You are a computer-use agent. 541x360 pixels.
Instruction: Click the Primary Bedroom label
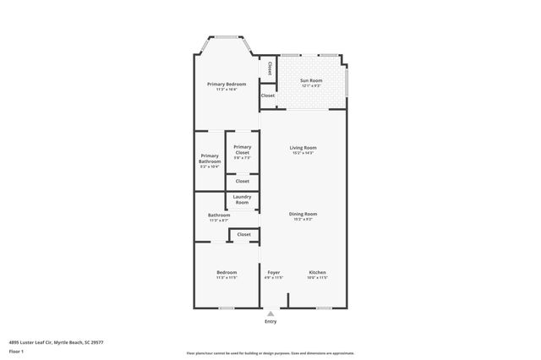pyautogui.click(x=226, y=85)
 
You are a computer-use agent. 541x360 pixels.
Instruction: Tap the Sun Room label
pyautogui.click(x=311, y=81)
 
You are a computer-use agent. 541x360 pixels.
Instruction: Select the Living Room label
pyautogui.click(x=303, y=148)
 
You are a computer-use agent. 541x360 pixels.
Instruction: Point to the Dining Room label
pyautogui.click(x=303, y=214)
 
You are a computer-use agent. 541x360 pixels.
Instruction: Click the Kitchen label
pyautogui.click(x=317, y=272)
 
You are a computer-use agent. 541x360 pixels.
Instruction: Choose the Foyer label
pyautogui.click(x=273, y=272)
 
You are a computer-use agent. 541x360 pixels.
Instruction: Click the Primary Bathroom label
pyautogui.click(x=210, y=157)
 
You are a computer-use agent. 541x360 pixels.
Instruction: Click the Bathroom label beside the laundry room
pyautogui.click(x=219, y=215)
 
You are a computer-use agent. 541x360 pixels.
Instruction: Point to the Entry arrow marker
pyautogui.click(x=270, y=313)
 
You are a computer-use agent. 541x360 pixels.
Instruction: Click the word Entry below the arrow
pyautogui.click(x=270, y=322)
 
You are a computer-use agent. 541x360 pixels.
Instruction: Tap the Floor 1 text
pyautogui.click(x=16, y=351)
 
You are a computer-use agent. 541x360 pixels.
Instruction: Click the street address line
pyautogui.click(x=56, y=341)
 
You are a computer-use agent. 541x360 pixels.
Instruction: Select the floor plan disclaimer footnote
pyautogui.click(x=270, y=352)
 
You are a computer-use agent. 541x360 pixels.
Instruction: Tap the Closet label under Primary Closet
pyautogui.click(x=243, y=181)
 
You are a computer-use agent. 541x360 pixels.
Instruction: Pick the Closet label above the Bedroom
pyautogui.click(x=244, y=234)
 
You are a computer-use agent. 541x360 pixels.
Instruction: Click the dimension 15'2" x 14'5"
pyautogui.click(x=303, y=153)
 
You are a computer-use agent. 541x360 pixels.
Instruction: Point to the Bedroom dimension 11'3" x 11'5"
pyautogui.click(x=227, y=277)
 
